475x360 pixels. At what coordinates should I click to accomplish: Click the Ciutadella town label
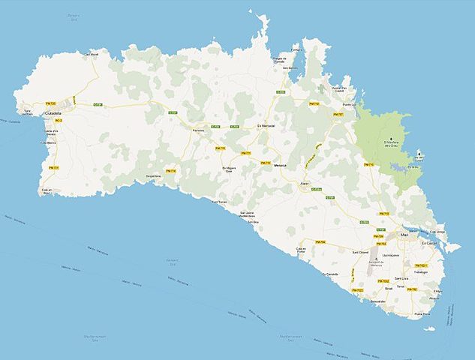pyautogui.click(x=53, y=113)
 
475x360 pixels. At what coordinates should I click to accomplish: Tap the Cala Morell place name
pyautogui.click(x=91, y=54)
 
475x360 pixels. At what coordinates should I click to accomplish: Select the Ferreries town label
pyautogui.click(x=199, y=130)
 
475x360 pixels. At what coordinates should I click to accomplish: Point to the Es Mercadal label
pyautogui.click(x=266, y=125)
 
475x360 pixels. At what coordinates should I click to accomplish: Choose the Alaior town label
pyautogui.click(x=304, y=181)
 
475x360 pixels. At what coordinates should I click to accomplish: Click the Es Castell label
pyautogui.click(x=429, y=243)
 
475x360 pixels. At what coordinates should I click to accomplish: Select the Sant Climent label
pyautogui.click(x=361, y=253)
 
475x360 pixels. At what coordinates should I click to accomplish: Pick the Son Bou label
pyautogui.click(x=254, y=222)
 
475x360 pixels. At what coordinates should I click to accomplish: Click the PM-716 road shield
pyautogui.click(x=171, y=171)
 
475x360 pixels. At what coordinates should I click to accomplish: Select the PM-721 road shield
pyautogui.click(x=54, y=168)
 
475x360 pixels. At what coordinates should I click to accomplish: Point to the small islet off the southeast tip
pyautogui.click(x=428, y=328)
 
